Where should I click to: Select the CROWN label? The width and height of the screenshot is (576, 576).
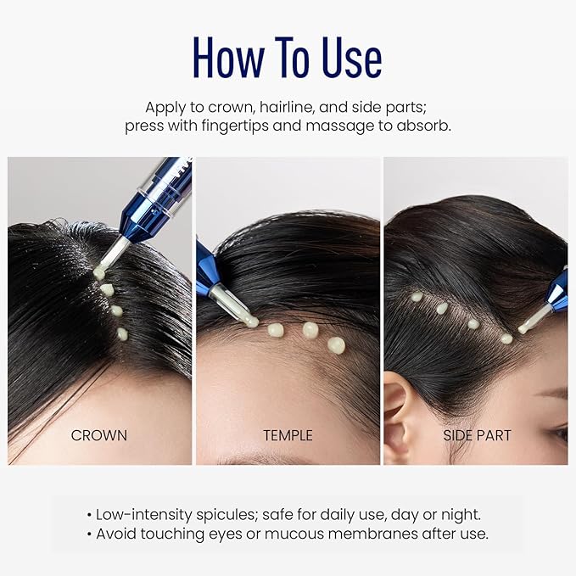(x=99, y=435)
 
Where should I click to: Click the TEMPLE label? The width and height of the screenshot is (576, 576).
(x=288, y=435)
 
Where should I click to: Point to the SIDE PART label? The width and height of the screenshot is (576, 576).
(x=478, y=435)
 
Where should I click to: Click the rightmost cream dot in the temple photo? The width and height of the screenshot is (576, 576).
(x=336, y=344)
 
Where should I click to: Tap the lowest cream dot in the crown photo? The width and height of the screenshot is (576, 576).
(x=122, y=333)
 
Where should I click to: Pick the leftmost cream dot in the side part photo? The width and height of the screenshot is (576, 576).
(x=417, y=297)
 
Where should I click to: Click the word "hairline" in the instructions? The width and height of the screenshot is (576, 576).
(x=296, y=108)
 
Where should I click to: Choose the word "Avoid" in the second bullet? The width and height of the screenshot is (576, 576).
(x=117, y=534)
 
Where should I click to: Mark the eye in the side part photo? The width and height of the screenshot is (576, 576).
(x=559, y=433)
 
